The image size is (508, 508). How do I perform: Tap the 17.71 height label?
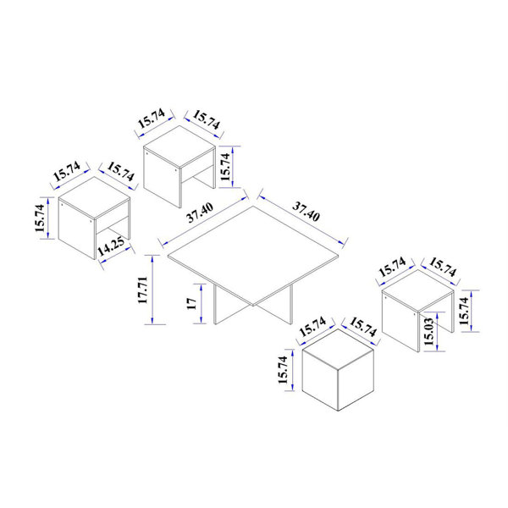pos(143,290)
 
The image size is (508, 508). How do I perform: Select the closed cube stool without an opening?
pos(338,373)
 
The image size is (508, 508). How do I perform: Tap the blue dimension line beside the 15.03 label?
pos(439,333)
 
